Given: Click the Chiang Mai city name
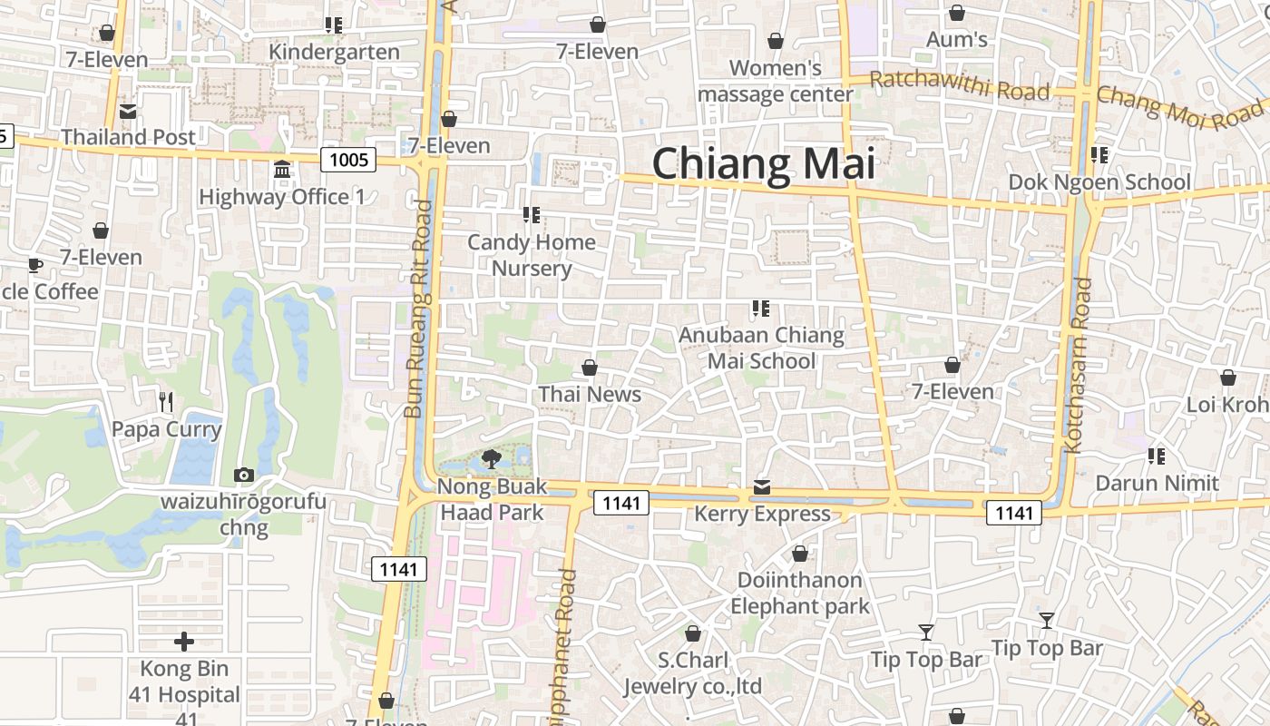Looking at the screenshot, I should point(764,164).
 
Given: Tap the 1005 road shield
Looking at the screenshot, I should point(348,161).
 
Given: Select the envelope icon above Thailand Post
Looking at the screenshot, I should point(128,112).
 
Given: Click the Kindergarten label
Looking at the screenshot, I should point(334,52).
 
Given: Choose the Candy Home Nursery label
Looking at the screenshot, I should point(532,255).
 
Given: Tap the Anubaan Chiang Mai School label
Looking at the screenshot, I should point(761,348).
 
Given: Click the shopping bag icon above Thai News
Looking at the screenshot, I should point(590,368).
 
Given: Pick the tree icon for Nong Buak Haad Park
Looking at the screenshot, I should point(493,458).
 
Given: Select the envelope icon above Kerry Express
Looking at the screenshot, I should point(762,488).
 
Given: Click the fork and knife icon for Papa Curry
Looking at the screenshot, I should point(166,401).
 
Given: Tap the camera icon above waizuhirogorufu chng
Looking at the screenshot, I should point(243,475).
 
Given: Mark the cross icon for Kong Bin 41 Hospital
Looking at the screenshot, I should point(184,643).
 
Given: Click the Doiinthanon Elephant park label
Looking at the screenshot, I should point(800,593).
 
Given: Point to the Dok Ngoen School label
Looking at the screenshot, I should point(1099,182).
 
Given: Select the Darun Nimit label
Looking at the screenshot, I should point(1157,483).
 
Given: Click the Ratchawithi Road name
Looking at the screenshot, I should point(960,86).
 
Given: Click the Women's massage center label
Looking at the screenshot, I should point(776,81).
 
